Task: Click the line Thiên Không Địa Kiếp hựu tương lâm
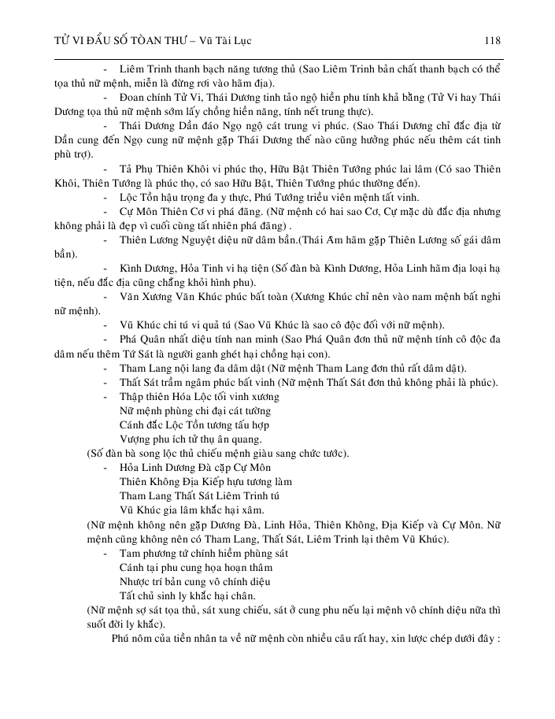[x=205, y=481]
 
